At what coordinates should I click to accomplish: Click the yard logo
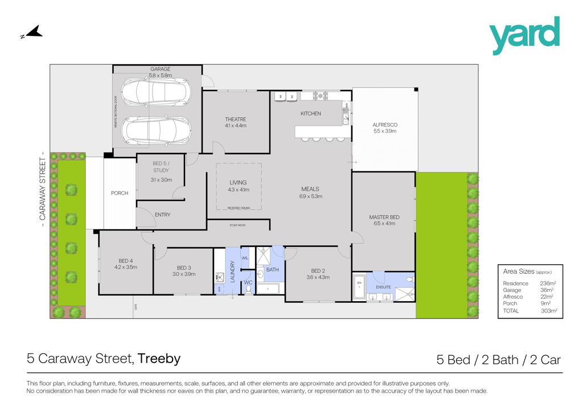point(524,35)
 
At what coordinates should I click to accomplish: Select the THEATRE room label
point(235,119)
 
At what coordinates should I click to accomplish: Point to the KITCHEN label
point(311,114)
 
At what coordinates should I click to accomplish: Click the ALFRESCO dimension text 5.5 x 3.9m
point(384,131)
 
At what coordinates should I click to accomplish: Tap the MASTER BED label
point(384,217)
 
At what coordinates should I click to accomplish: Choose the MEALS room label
point(310,189)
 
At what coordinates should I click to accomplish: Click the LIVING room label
point(238,183)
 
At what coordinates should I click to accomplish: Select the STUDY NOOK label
point(237,225)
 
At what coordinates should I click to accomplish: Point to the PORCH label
point(120,193)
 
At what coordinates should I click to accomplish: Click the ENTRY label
point(162,215)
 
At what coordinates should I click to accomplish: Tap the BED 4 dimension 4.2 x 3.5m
point(125,266)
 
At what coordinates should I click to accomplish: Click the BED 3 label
point(183,267)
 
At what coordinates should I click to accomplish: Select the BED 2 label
point(318,270)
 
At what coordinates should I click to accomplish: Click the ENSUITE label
point(383,287)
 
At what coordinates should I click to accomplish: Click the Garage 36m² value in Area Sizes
point(548,290)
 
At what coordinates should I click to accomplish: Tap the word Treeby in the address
point(159,359)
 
